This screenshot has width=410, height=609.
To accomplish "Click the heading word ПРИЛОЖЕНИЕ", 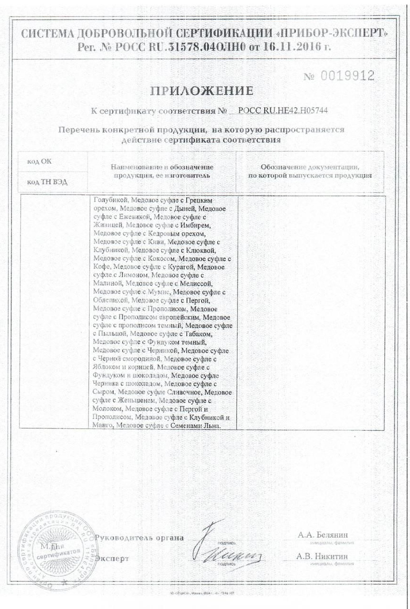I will (202, 91).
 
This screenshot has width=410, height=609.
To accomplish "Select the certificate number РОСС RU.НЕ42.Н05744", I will (283, 111).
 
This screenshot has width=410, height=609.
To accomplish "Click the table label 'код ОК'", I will (39, 161).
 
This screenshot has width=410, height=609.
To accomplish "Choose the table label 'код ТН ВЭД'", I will (44, 182).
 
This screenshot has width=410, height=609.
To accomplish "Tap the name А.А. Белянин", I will (323, 535).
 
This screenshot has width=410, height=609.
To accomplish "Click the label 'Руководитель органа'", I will (139, 538).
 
